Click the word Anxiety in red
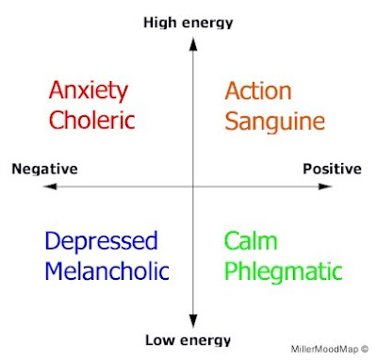(x=89, y=91)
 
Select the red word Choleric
(x=92, y=120)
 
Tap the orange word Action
(x=258, y=91)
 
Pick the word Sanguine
(x=275, y=122)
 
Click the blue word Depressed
(x=101, y=241)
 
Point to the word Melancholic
(x=107, y=270)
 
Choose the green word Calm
(x=251, y=240)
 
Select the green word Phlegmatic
(x=284, y=272)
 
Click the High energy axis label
(x=188, y=24)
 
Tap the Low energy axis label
(x=188, y=340)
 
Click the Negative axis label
(x=44, y=170)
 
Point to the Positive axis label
(x=332, y=169)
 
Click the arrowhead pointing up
(x=193, y=44)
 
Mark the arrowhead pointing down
(x=193, y=321)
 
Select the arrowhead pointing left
(x=50, y=187)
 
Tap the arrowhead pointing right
(x=325, y=187)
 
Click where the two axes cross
(x=193, y=187)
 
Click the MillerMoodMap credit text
(x=330, y=349)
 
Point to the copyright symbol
(x=365, y=349)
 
